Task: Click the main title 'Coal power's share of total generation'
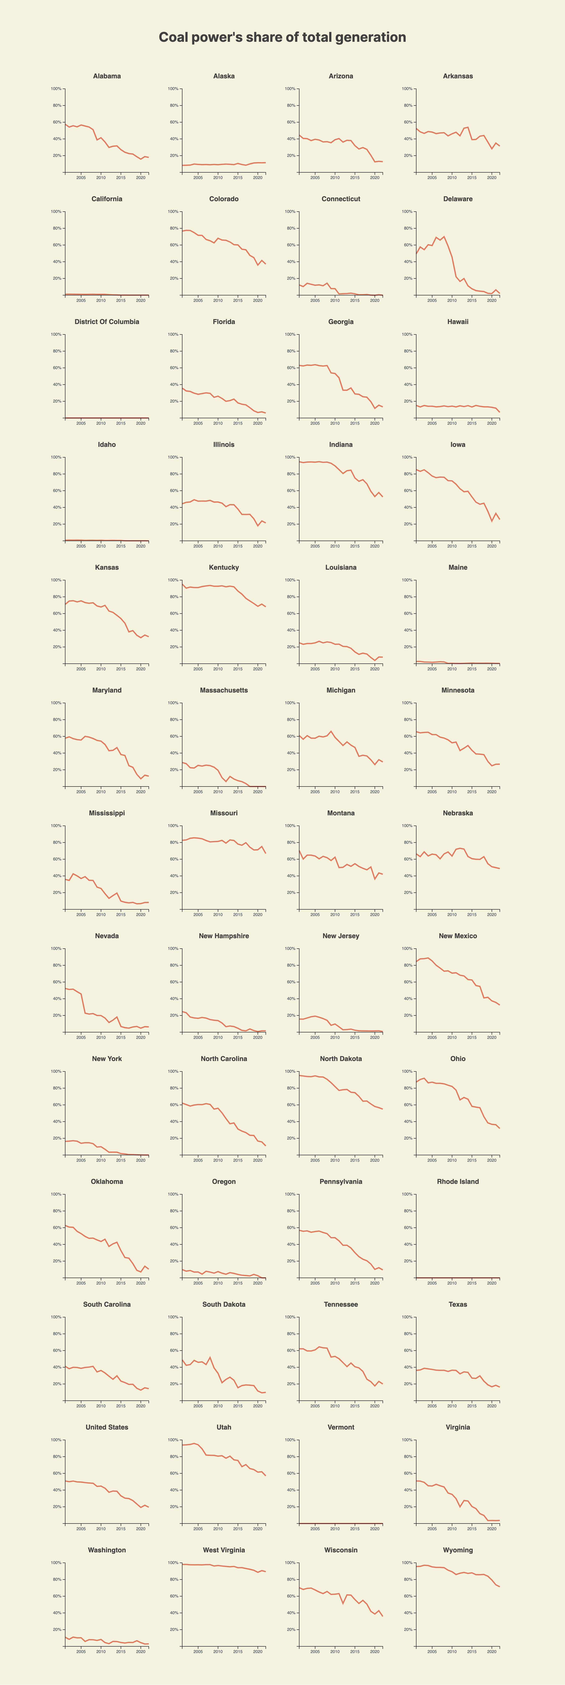[282, 37]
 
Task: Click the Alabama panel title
[107, 76]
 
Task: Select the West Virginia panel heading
[224, 1550]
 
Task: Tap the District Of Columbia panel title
[107, 322]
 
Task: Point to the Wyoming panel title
[458, 1550]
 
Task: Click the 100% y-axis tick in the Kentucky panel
[173, 580]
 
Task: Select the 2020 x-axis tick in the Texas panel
[492, 1406]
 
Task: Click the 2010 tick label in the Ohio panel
[452, 1160]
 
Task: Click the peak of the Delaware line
[444, 237]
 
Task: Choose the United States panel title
[107, 1427]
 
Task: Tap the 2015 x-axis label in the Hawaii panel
[471, 423]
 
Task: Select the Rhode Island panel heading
[458, 1181]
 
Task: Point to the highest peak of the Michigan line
[331, 731]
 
